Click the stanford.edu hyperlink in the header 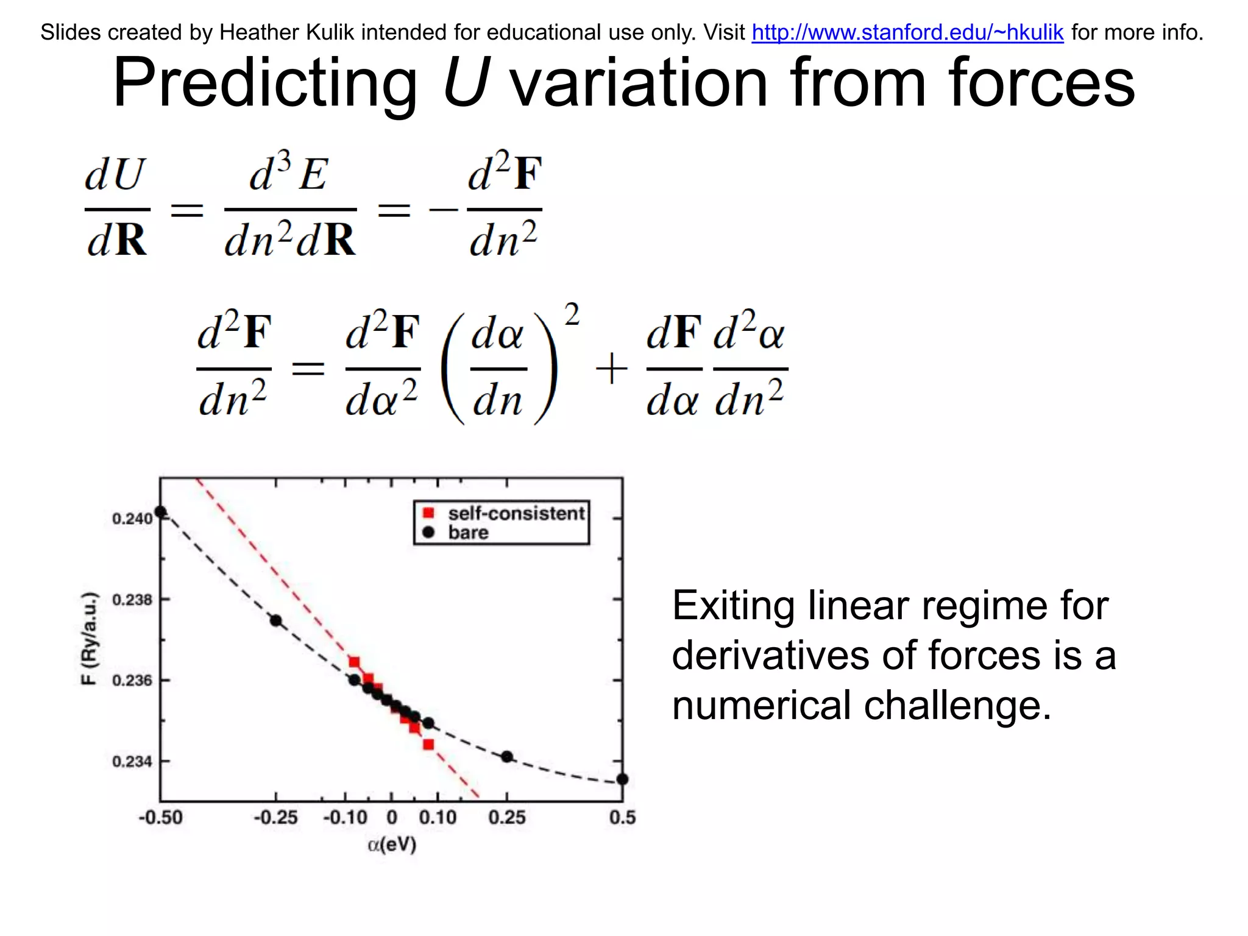click(x=907, y=32)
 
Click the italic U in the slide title click(x=465, y=83)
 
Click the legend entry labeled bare click(x=468, y=533)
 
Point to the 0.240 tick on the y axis click(x=132, y=519)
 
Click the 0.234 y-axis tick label click(x=132, y=762)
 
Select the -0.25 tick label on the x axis click(x=275, y=817)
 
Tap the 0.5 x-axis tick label click(x=622, y=817)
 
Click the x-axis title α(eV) click(x=392, y=845)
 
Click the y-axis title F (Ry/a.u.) click(x=89, y=638)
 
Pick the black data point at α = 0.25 click(x=507, y=757)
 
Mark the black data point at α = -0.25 click(x=276, y=621)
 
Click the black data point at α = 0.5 click(x=622, y=779)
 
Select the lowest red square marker click(x=428, y=745)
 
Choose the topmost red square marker click(x=354, y=662)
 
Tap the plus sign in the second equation click(x=611, y=369)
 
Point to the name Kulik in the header click(x=331, y=32)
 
